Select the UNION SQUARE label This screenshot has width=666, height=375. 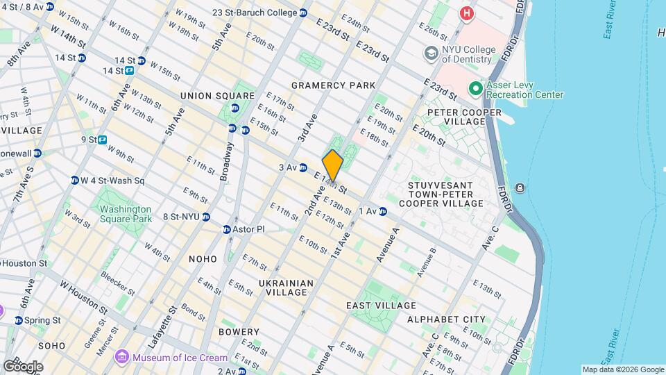point(217,96)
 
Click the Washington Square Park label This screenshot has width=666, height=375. point(125,214)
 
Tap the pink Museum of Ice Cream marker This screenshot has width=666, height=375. point(122,357)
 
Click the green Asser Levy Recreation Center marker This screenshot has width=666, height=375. point(476,89)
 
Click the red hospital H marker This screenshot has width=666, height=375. point(468,12)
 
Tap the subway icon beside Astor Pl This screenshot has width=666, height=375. point(227,229)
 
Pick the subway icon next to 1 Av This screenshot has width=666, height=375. point(382,211)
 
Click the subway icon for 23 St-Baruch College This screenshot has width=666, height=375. point(303,12)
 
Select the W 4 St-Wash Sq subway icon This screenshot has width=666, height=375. point(74,181)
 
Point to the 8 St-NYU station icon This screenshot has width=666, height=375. point(206,217)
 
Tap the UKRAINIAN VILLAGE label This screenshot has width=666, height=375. point(286,287)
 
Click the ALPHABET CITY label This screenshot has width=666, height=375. point(446,319)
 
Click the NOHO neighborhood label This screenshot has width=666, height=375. point(203,258)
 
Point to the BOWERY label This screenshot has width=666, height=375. point(239,332)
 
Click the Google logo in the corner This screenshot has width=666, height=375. point(23,366)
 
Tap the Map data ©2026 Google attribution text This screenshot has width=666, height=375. point(622,369)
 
